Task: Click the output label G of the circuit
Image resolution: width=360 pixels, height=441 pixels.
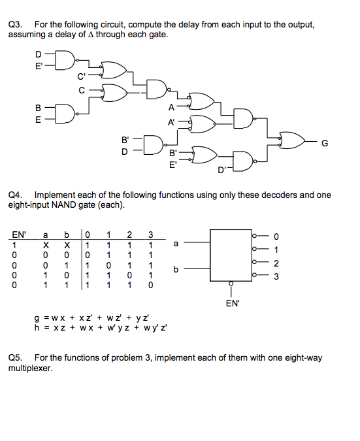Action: [x=325, y=140]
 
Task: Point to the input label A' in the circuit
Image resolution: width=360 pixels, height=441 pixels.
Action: [x=172, y=122]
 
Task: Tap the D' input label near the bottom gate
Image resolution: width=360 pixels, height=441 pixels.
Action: [x=223, y=171]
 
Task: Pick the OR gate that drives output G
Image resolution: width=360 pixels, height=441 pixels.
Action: [x=291, y=140]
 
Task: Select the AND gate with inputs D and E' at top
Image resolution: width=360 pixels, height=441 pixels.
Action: [x=65, y=59]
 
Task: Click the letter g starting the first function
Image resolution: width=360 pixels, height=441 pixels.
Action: [x=37, y=318]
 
